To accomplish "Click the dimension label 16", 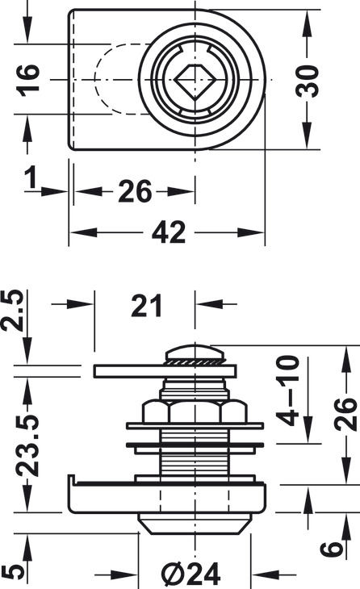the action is click(28, 80).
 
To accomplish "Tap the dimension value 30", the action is click(307, 81).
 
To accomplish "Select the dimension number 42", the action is click(169, 232).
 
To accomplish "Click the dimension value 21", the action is click(147, 305).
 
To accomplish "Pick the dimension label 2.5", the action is click(14, 310).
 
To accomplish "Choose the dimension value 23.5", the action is click(27, 445).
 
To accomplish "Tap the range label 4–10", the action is click(288, 391).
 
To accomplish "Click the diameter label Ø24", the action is click(191, 574).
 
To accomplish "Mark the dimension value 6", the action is click(333, 549).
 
